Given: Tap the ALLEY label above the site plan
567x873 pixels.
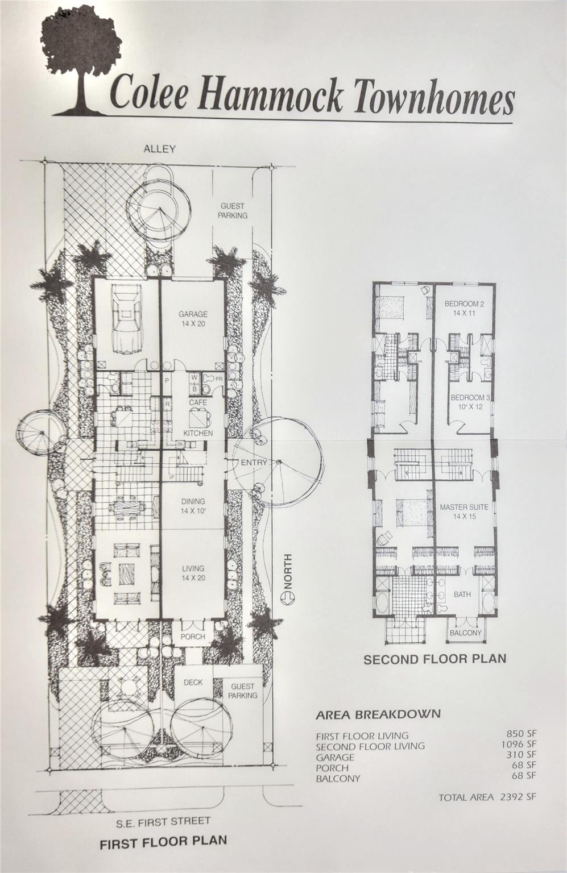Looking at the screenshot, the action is pos(159,149).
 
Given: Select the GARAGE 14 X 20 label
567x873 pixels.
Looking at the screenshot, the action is pos(193,318).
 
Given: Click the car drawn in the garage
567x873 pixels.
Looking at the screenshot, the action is pos(127,319).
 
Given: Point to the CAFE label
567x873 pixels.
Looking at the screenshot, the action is pos(198,402).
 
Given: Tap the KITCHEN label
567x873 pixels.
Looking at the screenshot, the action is pos(198,433).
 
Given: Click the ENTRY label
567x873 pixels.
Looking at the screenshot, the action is pos(254,463).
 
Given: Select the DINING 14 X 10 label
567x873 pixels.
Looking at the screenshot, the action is pos(193,505).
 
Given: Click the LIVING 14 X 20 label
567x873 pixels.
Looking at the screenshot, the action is pos(193,573).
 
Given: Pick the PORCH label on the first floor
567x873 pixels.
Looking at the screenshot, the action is pos(193,637).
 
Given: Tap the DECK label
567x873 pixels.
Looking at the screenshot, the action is pos(193,682).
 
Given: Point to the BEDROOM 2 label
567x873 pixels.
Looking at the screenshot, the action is pos(465,304).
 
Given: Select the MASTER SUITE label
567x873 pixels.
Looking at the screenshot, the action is pos(464,507).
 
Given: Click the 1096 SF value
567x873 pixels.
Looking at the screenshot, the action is pos(519,745).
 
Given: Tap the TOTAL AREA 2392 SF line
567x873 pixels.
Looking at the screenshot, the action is pos(487,794).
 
